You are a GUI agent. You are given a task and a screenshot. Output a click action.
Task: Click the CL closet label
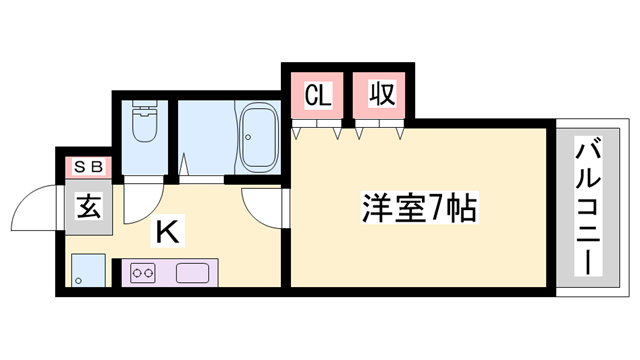[x=317, y=96]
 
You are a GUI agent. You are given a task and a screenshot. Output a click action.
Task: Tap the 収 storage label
[x=381, y=95]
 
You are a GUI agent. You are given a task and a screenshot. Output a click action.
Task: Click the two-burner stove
[x=142, y=271]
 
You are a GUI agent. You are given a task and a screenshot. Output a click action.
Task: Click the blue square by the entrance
[x=88, y=270]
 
